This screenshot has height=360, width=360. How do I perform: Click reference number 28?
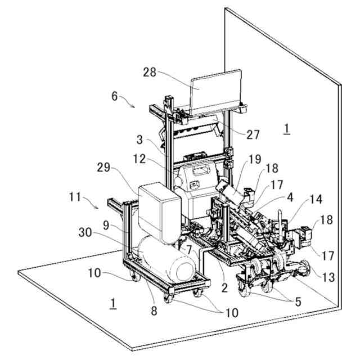150,73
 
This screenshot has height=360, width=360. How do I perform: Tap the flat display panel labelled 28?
216,91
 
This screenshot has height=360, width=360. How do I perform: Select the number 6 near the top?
115,96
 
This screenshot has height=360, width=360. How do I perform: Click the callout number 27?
253,134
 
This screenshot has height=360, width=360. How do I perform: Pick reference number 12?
139,159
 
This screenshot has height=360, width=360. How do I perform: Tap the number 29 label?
103,168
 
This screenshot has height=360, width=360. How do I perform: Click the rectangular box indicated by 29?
159,213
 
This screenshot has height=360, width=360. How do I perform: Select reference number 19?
255,159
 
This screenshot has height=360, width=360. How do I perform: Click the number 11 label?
75,197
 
